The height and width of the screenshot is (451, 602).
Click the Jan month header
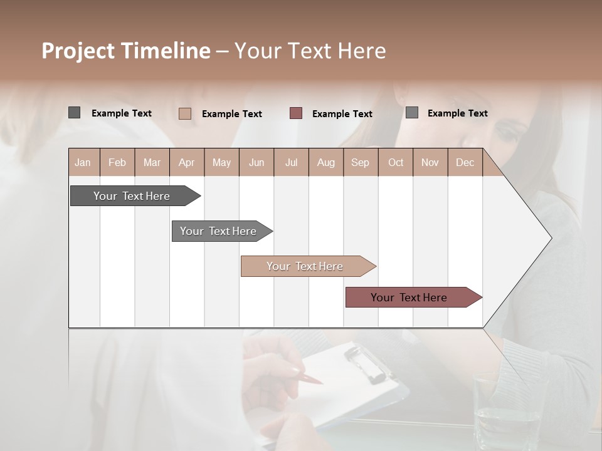click(x=83, y=162)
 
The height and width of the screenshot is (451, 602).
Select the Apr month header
click(x=186, y=162)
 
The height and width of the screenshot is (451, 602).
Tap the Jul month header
click(x=291, y=162)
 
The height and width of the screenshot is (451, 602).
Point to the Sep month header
click(x=360, y=162)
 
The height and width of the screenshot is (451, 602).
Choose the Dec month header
click(x=465, y=162)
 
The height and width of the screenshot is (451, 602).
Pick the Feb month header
click(x=117, y=162)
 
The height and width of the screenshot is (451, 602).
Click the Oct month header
click(x=396, y=162)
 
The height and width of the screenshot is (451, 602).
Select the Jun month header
click(x=256, y=162)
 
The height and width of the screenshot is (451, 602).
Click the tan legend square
click(x=185, y=113)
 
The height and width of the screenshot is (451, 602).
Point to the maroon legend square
click(x=296, y=113)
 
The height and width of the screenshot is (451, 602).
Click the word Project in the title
click(x=78, y=51)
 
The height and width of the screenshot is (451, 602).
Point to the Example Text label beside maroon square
click(x=342, y=114)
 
